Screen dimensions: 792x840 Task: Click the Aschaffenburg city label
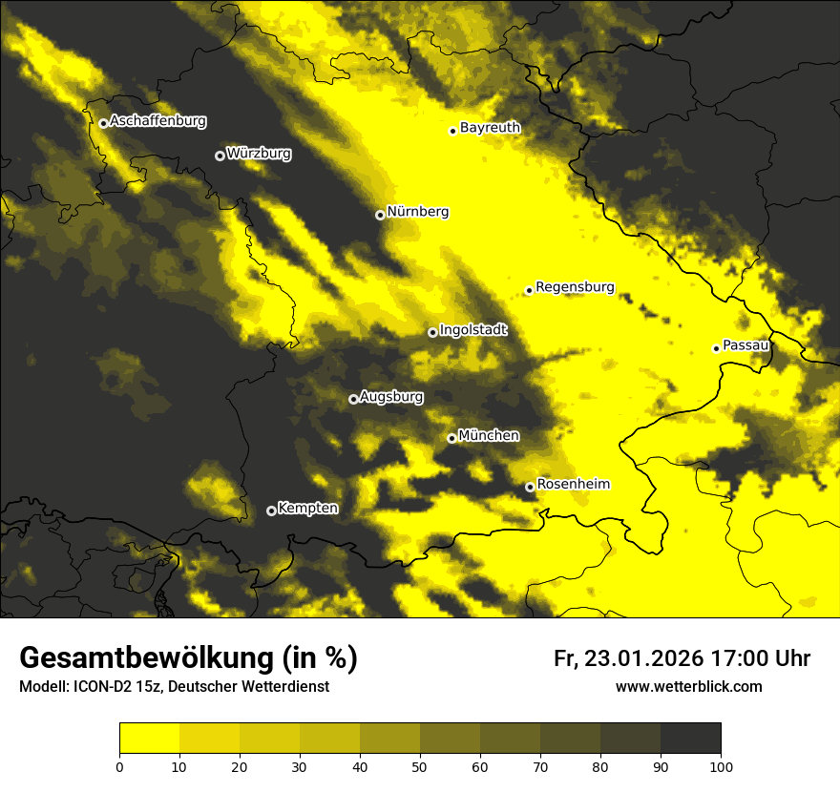[157, 121]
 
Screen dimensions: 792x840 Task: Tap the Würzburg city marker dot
[220, 156]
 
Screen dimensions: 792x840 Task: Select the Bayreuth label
[490, 127]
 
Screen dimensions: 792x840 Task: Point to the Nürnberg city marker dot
[380, 215]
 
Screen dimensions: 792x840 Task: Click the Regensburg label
[575, 286]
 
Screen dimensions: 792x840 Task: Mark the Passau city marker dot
[716, 348]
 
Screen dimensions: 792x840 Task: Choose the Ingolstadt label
[473, 330]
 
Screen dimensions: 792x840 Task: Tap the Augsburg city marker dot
[353, 399]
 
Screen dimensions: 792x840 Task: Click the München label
[489, 435]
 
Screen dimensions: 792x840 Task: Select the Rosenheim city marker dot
[530, 487]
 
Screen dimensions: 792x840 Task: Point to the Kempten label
[307, 508]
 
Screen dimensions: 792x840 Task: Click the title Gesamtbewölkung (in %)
[188, 658]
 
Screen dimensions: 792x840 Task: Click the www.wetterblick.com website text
[688, 686]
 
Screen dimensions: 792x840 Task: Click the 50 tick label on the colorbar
[420, 765]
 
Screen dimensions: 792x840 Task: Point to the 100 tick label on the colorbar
[721, 765]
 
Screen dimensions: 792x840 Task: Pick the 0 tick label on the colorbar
[119, 765]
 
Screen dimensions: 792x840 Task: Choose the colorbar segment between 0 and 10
[149, 738]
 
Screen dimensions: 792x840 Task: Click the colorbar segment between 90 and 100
[690, 738]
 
